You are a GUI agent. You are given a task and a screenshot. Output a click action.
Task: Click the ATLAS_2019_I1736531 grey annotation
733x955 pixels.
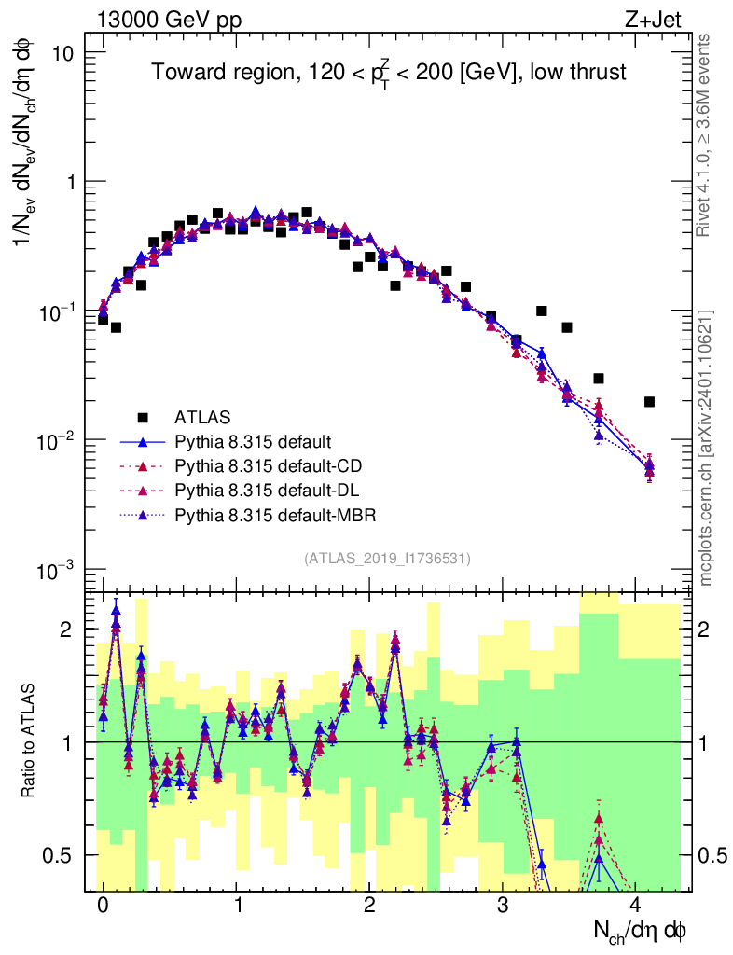(x=387, y=558)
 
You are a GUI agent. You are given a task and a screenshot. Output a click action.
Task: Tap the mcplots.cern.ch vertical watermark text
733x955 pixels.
(x=706, y=448)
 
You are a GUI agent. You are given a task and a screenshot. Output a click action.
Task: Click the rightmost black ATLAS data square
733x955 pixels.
(x=650, y=402)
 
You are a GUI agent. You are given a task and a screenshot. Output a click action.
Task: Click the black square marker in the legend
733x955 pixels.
(x=145, y=416)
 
